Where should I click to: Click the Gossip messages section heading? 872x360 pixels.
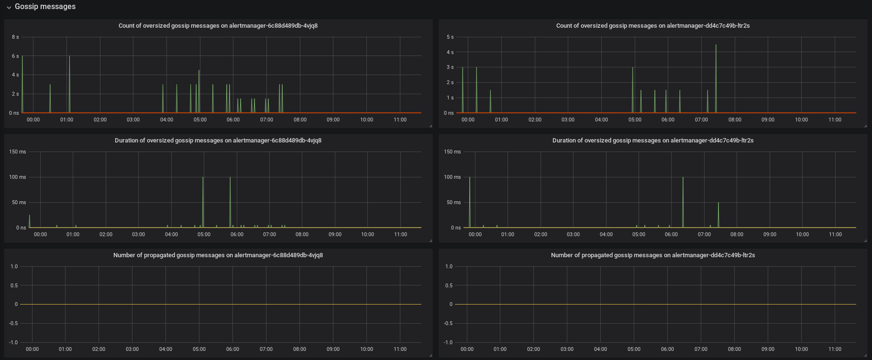45,7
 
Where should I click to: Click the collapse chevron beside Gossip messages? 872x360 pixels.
9,7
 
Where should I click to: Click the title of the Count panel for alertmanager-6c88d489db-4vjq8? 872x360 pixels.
218,26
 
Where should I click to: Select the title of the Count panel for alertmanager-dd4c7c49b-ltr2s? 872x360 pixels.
653,26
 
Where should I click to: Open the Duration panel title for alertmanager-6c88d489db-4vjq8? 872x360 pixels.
218,141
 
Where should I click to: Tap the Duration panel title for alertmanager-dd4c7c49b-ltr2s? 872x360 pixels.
653,141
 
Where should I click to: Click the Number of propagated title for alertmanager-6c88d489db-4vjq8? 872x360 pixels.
218,255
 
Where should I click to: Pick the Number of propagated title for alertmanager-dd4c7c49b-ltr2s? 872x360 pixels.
653,255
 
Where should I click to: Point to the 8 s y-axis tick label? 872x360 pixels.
15,37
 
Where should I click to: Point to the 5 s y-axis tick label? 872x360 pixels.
450,37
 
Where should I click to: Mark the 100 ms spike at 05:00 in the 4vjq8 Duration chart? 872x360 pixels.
203,177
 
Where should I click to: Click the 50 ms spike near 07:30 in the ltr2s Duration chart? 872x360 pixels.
718,203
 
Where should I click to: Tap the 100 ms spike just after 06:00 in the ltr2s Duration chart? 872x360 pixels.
683,177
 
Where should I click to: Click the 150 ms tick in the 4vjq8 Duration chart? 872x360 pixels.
18,152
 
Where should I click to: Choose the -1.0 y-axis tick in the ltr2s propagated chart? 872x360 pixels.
448,342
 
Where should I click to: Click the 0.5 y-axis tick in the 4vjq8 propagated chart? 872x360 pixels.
14,285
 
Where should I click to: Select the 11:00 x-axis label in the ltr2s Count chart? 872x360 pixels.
835,120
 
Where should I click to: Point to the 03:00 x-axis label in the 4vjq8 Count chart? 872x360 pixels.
133,120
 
